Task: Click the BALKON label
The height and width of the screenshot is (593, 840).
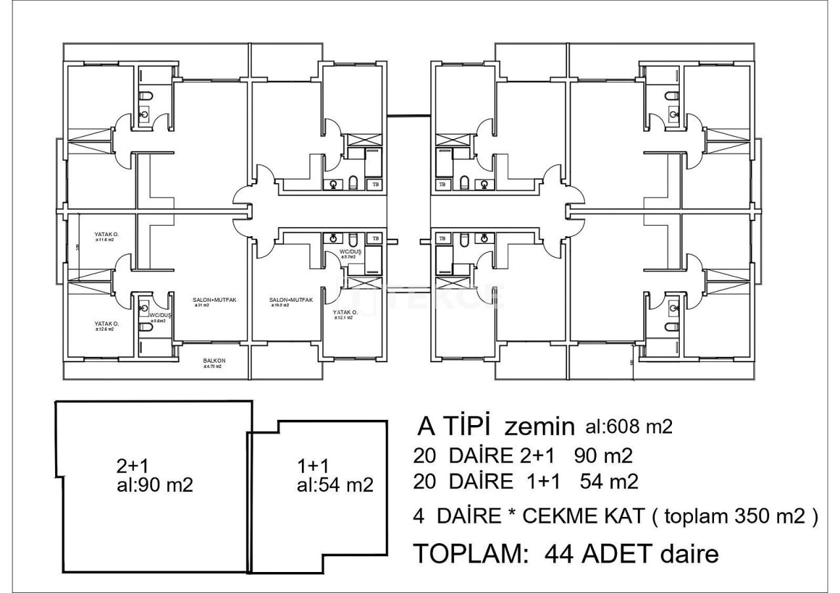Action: point(215,361)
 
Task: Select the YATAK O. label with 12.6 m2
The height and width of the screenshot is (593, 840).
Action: point(106,324)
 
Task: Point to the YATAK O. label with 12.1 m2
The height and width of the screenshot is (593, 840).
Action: point(345,313)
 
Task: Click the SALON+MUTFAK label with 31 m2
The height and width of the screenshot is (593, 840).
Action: point(214,300)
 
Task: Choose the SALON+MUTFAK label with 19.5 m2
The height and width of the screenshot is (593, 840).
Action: point(291,300)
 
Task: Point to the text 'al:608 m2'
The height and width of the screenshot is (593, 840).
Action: point(628,427)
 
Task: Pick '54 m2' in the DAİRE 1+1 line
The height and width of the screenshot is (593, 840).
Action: point(609,482)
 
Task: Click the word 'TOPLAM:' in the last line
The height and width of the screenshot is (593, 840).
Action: point(471,554)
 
